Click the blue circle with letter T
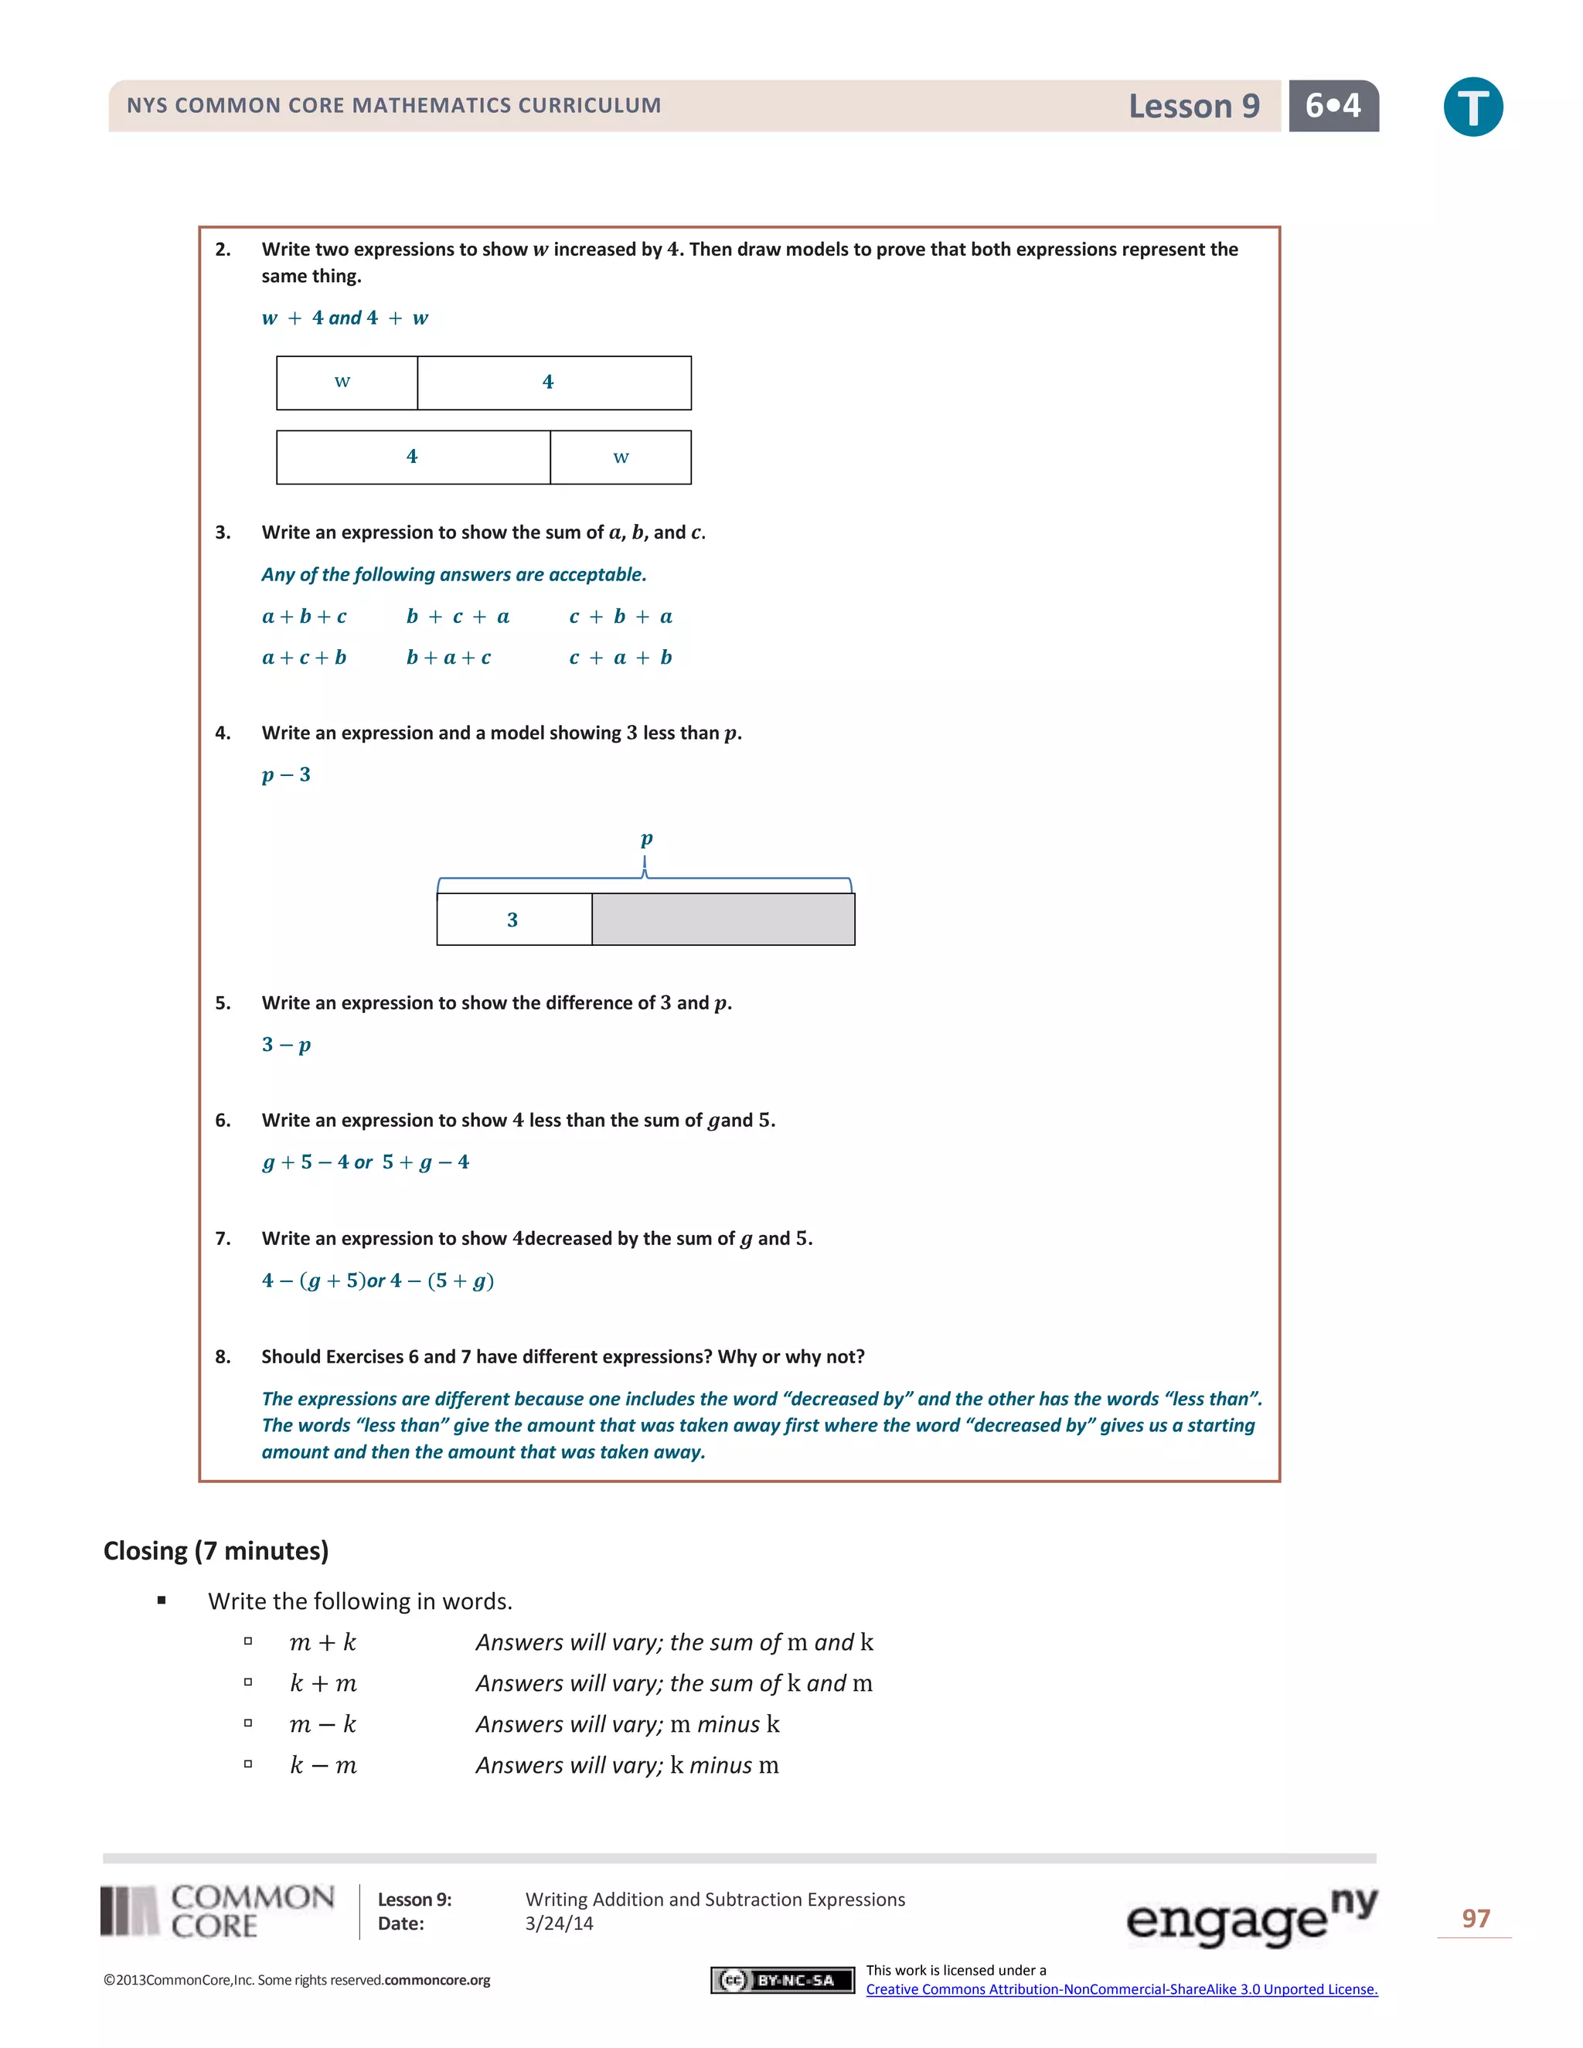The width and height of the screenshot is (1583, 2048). click(x=1472, y=107)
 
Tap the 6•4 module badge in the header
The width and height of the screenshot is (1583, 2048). click(x=1333, y=106)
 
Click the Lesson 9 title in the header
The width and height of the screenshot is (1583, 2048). click(x=1193, y=106)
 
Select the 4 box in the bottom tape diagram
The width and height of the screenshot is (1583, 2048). click(x=413, y=458)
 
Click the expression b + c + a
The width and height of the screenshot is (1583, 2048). click(x=458, y=616)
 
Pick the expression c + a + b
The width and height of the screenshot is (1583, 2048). click(x=620, y=658)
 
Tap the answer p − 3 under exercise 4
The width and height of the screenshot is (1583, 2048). click(x=286, y=774)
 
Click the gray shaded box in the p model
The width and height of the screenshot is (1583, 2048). click(x=723, y=919)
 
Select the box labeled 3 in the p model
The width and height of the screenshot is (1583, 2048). click(x=514, y=919)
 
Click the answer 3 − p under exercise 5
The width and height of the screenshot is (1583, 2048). click(x=286, y=1045)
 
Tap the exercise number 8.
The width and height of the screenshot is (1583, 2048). click(x=223, y=1357)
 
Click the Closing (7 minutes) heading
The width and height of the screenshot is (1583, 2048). click(x=216, y=1551)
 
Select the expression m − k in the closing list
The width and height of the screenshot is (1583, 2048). click(x=322, y=1724)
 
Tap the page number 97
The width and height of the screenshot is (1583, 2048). click(x=1475, y=1919)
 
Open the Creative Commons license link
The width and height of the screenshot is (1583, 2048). click(x=1121, y=1989)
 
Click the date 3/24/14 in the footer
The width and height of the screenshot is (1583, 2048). click(x=559, y=1924)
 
